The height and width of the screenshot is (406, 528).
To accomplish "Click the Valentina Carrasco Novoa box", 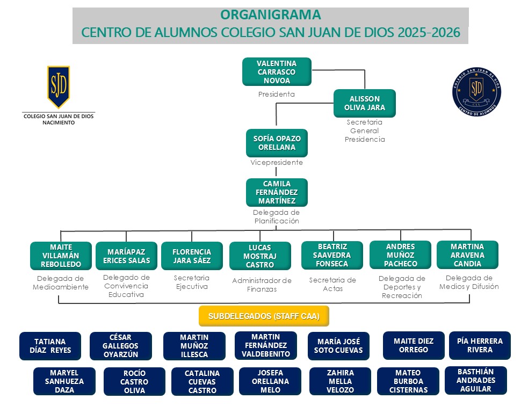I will click(x=277, y=72).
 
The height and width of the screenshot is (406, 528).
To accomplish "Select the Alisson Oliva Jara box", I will click(x=364, y=103).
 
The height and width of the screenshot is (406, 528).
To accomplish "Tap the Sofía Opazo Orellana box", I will click(x=277, y=143).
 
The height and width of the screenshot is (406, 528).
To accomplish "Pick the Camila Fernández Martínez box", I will click(x=277, y=192).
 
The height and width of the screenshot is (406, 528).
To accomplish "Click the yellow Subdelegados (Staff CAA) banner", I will click(x=264, y=316).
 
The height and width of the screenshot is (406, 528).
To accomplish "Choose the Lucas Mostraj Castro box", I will click(x=260, y=256).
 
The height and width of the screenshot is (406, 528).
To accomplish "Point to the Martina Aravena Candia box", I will click(x=467, y=255).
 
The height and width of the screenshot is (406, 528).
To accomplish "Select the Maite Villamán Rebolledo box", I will click(x=61, y=256).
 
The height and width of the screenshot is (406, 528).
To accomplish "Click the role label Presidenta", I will click(x=276, y=95).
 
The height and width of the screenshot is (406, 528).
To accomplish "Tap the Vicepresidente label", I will click(x=277, y=163).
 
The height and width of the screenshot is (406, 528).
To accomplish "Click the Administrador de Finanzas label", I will click(x=262, y=285).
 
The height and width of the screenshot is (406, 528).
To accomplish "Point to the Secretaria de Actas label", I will click(x=332, y=284).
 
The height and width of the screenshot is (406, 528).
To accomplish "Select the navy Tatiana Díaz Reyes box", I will click(x=50, y=346).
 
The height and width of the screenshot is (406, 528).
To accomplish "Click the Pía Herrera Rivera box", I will click(x=480, y=345).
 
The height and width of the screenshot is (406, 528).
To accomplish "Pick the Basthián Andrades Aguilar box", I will click(x=476, y=380).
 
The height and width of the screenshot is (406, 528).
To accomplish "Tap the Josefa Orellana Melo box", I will click(x=270, y=381).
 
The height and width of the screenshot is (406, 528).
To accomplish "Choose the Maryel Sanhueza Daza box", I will click(x=64, y=381).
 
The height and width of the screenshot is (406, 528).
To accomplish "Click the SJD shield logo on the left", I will click(x=58, y=87).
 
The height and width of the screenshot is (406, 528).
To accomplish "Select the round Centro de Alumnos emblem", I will click(x=476, y=89).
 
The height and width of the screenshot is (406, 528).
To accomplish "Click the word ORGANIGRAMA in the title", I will click(x=271, y=15).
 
